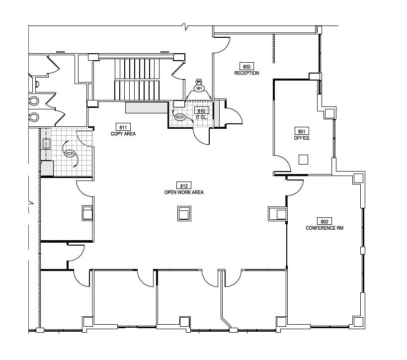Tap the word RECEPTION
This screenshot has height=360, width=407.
247,73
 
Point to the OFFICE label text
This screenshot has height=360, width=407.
302,138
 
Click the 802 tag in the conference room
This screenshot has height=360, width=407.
325,221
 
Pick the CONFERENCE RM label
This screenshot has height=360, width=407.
325,228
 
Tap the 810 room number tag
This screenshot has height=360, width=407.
201,111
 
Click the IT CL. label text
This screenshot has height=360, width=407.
201,117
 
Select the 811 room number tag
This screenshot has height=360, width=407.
123,127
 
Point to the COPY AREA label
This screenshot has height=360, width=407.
123,134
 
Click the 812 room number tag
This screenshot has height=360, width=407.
183,185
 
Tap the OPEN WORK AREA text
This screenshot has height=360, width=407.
183,192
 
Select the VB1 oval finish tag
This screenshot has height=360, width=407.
199,89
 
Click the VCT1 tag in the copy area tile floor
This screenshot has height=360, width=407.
70,154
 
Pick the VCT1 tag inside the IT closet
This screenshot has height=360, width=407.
180,117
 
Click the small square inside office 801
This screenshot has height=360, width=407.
303,159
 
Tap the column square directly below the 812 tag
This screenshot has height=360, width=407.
183,214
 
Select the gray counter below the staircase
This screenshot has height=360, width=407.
147,107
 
